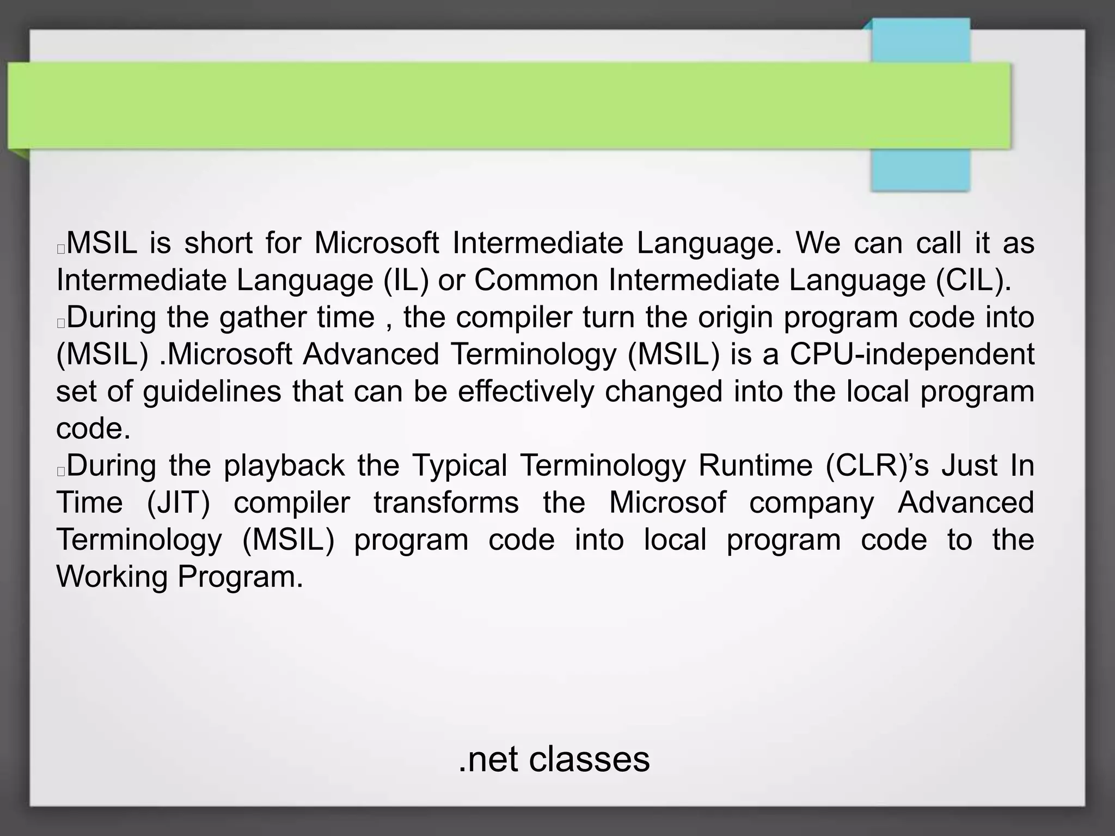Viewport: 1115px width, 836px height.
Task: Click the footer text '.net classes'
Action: [x=554, y=759]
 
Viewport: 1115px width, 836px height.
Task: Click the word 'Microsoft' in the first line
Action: [x=377, y=243]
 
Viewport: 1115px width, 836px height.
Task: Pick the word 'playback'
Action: [x=284, y=465]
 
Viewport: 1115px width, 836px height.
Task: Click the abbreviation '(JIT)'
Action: [x=179, y=502]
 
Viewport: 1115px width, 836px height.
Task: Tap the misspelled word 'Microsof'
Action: [x=667, y=502]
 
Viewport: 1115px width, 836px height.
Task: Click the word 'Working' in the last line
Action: [x=112, y=576]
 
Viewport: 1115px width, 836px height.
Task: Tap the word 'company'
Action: [x=811, y=502]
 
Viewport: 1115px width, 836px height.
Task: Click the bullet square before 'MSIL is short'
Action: [x=61, y=249]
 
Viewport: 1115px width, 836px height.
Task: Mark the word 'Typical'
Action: [x=460, y=465]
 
